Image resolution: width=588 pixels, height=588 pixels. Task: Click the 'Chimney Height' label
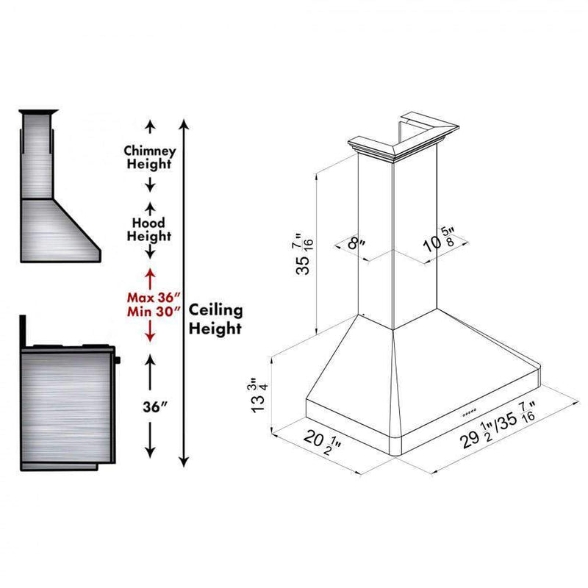pos(150,157)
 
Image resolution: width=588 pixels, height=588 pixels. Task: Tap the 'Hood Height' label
pos(149,229)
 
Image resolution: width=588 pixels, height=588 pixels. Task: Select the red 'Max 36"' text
pos(154,298)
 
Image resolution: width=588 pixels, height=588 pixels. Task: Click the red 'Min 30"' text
pos(154,312)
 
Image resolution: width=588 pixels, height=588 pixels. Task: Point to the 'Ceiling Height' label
pos(215,319)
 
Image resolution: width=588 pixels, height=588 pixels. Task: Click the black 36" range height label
pos(155,406)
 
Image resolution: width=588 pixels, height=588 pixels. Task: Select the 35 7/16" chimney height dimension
pos(304,254)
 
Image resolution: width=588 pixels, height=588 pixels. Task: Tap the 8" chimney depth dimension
pos(356,244)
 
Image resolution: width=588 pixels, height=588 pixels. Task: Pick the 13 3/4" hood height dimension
pos(259,395)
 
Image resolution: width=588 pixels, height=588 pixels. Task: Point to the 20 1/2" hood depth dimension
pos(323,442)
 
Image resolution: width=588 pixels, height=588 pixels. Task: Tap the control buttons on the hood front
pos(470,412)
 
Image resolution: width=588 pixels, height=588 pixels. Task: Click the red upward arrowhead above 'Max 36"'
pos(150,273)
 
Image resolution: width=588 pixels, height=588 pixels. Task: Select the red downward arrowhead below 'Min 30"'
pos(150,337)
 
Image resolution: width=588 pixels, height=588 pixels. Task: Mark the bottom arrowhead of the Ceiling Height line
pos(184,462)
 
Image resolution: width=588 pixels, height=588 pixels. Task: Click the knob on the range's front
pos(118,360)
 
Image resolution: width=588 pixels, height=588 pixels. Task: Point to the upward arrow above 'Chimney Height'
pos(150,126)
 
